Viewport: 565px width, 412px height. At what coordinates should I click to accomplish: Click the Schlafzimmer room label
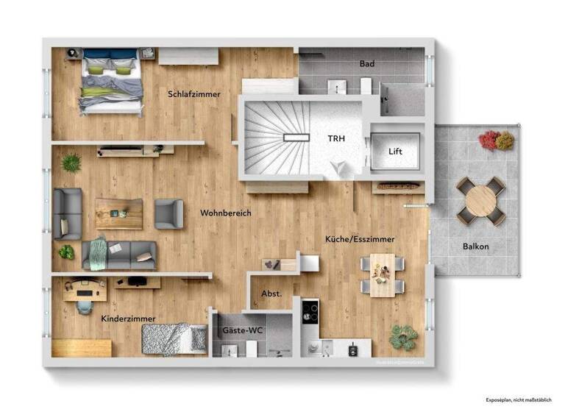194,94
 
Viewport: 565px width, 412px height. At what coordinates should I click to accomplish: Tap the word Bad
366,64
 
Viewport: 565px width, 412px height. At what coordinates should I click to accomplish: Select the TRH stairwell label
336,138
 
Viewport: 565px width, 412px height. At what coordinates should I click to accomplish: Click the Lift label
396,152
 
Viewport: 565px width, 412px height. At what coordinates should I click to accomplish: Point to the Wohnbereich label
226,213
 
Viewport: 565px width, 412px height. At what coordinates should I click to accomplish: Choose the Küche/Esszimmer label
360,239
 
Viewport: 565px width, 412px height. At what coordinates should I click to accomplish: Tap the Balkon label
476,246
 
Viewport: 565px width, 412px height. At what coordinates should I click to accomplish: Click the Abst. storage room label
271,294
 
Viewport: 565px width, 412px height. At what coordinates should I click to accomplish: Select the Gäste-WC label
243,330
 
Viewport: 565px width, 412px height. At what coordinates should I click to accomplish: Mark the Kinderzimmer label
128,319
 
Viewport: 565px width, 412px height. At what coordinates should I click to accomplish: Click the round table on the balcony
481,199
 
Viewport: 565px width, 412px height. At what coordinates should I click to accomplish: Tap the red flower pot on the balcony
489,139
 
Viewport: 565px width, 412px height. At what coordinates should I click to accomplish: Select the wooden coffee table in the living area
118,213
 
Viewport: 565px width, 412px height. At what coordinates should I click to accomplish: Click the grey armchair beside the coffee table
168,213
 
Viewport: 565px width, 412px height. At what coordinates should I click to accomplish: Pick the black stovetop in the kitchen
310,312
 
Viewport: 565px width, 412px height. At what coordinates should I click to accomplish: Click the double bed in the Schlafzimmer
111,81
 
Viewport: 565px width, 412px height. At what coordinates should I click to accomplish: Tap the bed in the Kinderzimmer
174,340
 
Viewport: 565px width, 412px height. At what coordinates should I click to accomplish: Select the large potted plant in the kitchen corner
403,337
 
